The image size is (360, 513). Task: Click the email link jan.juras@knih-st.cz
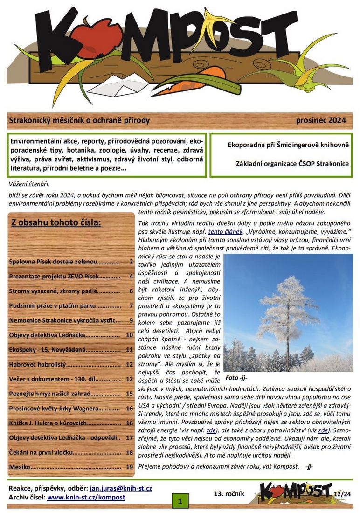tap(121, 488)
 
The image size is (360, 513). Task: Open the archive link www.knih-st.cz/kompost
tap(86, 497)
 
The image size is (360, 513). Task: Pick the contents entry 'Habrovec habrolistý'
tap(38, 364)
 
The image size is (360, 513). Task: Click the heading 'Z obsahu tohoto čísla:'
tap(56, 222)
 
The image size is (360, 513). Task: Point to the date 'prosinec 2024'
tap(321, 120)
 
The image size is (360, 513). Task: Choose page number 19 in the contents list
tap(130, 467)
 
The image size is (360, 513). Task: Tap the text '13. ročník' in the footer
tap(229, 493)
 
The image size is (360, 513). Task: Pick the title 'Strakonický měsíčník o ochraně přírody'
tap(79, 120)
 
